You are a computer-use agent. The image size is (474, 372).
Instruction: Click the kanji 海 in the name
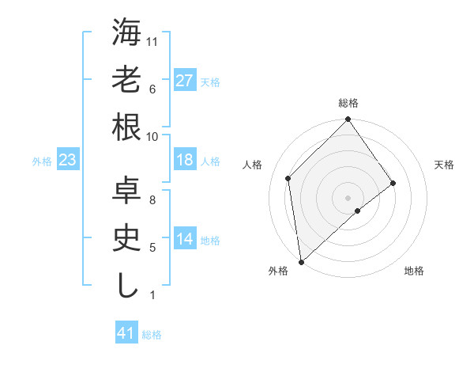coord(127,33)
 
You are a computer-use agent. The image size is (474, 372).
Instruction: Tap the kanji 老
coord(127,80)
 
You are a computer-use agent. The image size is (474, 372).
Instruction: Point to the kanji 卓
coord(127,191)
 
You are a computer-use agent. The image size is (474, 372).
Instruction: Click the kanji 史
coord(127,238)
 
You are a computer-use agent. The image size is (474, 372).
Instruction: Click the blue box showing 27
coord(185,80)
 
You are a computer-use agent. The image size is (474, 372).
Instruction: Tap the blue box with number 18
coord(185,160)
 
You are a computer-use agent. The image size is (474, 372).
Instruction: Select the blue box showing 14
coord(185,239)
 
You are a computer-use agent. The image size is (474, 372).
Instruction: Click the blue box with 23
coord(68,160)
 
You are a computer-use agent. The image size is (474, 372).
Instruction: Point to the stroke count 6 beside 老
coord(152,89)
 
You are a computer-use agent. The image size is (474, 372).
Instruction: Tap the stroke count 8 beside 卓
coord(152,200)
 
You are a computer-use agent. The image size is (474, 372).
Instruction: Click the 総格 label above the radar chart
coord(348,103)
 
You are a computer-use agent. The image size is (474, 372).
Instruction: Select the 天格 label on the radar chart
coord(444,165)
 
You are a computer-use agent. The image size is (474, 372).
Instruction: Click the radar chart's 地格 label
coord(414,271)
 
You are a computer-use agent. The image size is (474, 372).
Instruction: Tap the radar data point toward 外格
coord(301,261)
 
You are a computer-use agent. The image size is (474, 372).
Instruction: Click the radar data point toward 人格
coord(288,178)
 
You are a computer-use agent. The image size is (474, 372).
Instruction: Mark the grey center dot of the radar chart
coord(348,196)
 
